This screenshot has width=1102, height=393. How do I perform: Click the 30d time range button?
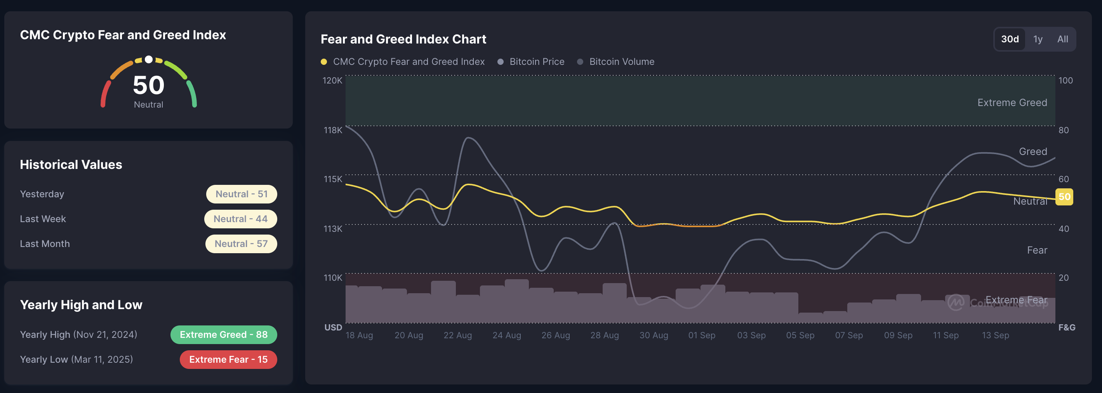coord(1010,39)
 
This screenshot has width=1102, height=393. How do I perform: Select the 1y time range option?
coord(1038,39)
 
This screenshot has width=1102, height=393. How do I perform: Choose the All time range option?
coord(1063,39)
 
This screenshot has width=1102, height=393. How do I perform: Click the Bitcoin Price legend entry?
coord(531,62)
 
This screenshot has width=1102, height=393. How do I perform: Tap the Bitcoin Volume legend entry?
coord(616,62)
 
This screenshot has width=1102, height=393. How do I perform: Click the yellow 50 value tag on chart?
coord(1064,197)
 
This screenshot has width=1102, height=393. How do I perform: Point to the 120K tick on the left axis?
coord(332,80)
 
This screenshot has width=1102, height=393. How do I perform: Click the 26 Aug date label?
coord(556,335)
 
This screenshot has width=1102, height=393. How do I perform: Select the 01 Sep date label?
coord(702,335)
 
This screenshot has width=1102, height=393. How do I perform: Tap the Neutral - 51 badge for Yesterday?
coord(241,194)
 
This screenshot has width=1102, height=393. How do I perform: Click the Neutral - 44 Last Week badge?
coord(240,219)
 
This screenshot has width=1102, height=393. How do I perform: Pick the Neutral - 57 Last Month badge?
coord(241,244)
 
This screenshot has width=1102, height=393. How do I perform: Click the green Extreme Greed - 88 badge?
coord(223,334)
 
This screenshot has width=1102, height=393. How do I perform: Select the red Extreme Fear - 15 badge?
coord(228,359)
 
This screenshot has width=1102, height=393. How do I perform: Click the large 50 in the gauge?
coord(148,85)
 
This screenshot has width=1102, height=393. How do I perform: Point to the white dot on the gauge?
coord(148,59)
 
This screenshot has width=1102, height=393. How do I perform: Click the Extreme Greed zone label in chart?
coord(1012,103)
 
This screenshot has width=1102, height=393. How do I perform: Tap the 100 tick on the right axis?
coord(1065,80)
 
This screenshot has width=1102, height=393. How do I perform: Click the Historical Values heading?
coord(71,165)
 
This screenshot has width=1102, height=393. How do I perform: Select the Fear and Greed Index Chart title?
coord(403,39)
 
